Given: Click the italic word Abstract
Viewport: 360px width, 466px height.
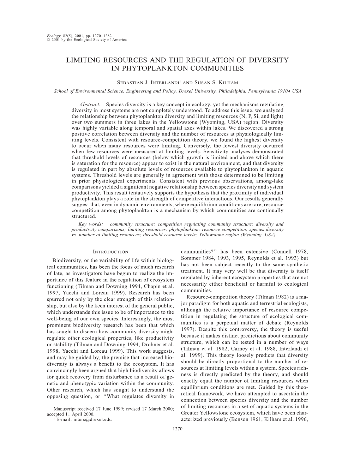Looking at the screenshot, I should point(90,104).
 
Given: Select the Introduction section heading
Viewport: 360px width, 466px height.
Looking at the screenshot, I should point(110,252).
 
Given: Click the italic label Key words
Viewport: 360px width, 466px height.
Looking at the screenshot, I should point(91,224).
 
